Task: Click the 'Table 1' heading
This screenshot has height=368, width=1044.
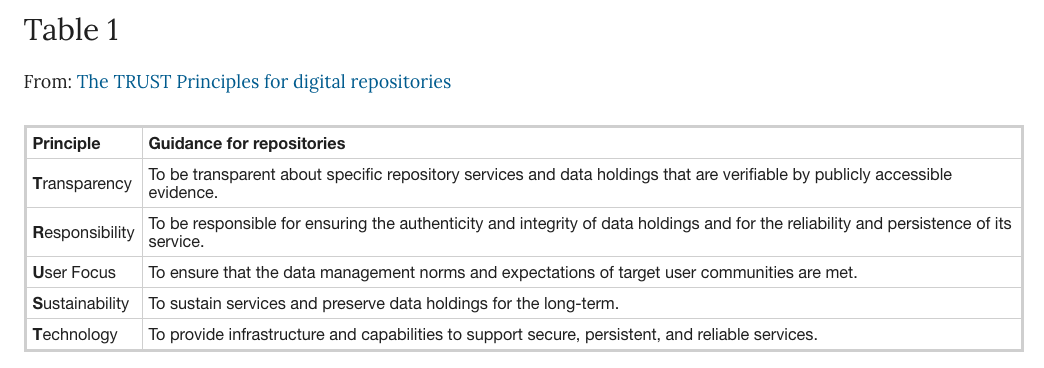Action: point(71,30)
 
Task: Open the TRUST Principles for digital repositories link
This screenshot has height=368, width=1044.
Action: point(264,82)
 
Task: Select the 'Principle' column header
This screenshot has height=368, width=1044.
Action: point(67,143)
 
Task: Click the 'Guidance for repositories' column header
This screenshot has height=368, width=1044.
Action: point(247,143)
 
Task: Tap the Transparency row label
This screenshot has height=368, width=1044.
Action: point(82,184)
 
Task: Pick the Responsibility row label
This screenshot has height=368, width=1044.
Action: point(84,233)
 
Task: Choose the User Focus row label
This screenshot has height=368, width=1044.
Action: point(74,273)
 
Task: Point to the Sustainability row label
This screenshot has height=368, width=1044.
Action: point(81,304)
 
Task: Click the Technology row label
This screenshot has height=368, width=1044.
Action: point(75,335)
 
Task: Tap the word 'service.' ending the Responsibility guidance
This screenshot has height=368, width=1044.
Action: point(176,242)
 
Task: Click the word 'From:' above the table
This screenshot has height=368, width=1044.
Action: point(48,82)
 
